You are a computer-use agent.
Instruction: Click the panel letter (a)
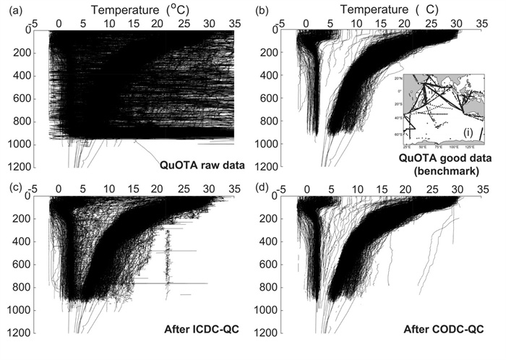point(12,9)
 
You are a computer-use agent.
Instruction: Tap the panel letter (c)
point(12,189)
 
